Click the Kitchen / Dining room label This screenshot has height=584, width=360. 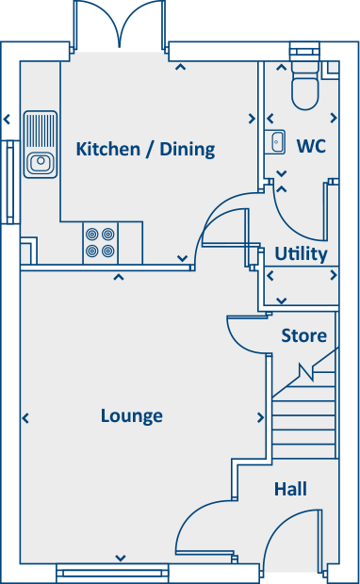[x=145, y=149]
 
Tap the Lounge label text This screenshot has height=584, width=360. [x=132, y=415]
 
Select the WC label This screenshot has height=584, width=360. [x=311, y=146]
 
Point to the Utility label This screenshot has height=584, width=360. [x=301, y=253]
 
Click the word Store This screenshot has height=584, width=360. [x=303, y=335]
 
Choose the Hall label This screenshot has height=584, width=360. [x=290, y=489]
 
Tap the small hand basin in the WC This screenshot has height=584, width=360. [x=276, y=142]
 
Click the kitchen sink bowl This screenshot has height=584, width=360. [x=41, y=164]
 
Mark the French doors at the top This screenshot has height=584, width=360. [x=119, y=24]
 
